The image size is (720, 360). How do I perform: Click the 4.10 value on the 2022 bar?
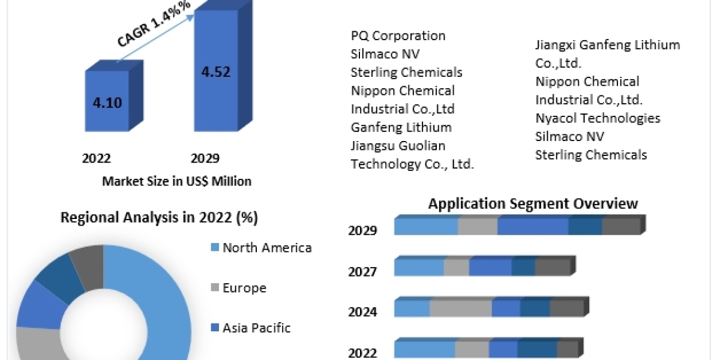107,102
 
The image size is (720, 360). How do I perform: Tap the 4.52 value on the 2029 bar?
216,71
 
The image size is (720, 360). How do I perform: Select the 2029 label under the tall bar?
205,158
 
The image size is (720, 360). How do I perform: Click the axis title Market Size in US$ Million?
177,181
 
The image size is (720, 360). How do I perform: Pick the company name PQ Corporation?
398,36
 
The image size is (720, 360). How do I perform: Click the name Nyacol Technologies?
598,118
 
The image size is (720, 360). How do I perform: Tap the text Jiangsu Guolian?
398,146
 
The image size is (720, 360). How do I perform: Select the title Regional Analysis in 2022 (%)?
159,218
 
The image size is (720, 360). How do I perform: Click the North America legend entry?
267,247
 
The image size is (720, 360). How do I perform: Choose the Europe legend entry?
244,288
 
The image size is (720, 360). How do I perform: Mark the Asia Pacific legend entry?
256,328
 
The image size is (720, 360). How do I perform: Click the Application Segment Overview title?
533,203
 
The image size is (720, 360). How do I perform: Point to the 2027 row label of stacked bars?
362,272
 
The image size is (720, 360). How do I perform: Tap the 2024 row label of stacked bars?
362,312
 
